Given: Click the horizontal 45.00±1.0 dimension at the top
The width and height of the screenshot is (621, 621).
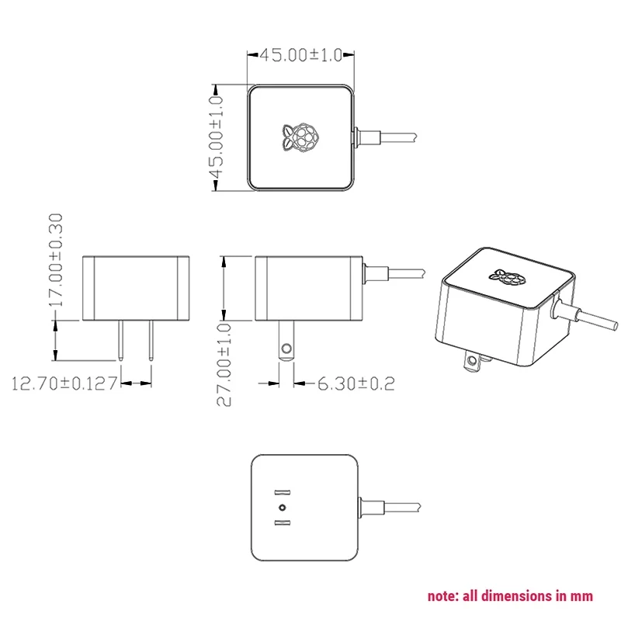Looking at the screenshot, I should tap(300, 55).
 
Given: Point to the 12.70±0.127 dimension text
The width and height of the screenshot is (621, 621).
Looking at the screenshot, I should tap(64, 383).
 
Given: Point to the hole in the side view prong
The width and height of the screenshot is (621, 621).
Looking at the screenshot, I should tap(287, 348).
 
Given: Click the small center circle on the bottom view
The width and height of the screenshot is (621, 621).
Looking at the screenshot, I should tap(283, 508).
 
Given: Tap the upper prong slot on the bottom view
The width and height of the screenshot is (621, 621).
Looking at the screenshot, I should tap(283, 492).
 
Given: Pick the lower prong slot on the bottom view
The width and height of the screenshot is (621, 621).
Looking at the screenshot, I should tap(283, 523).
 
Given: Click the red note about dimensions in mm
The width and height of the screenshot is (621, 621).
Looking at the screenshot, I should tap(510, 596).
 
